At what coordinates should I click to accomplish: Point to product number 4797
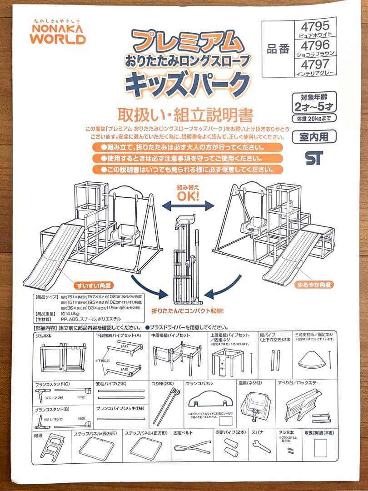point(315,66)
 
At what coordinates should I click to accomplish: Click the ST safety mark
point(314,157)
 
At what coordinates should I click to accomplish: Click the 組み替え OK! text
point(188,194)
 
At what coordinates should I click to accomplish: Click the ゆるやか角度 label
point(313,285)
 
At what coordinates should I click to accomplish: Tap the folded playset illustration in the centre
point(187,259)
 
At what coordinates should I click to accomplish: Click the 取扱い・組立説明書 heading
point(185,114)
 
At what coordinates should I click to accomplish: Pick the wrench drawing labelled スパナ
point(261,446)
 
